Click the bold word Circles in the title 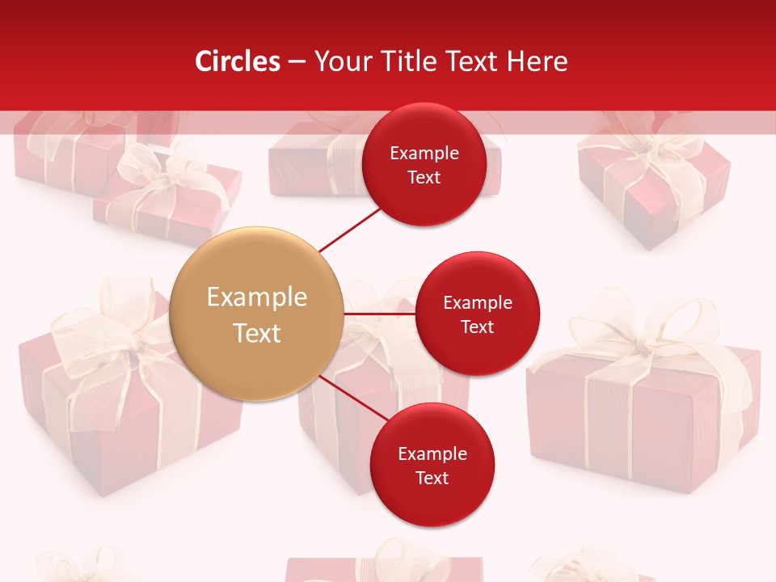point(237,61)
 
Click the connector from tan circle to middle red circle point(379,314)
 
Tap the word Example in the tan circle point(257,297)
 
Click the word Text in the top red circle point(424,177)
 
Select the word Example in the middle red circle point(477,303)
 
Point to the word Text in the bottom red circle point(432,478)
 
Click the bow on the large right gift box point(639,331)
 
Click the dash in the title point(296,61)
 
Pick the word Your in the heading point(338,61)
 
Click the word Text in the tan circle point(257,333)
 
